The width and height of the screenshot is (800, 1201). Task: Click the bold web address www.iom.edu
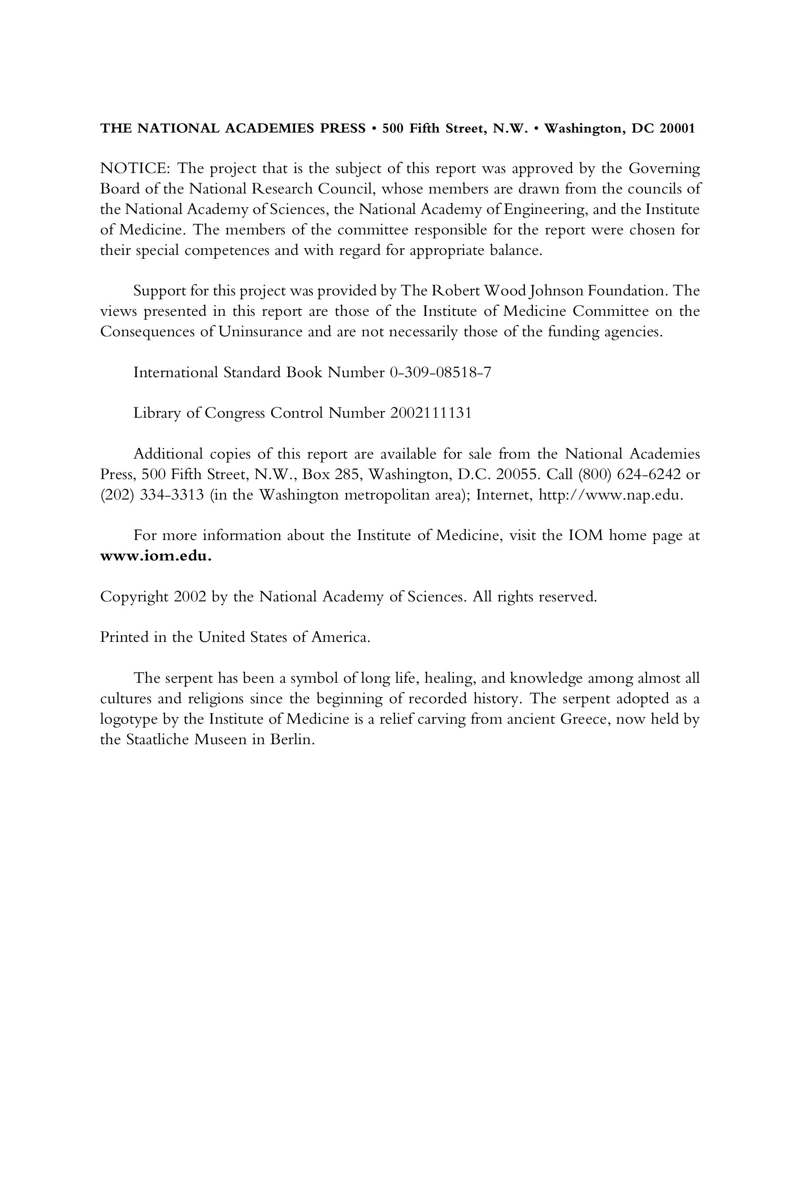[156, 556]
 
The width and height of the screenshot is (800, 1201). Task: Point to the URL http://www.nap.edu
[611, 496]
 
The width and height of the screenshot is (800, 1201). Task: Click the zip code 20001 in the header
[677, 128]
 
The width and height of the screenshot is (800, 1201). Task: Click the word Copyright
[134, 596]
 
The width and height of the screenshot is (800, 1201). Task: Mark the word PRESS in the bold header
[342, 128]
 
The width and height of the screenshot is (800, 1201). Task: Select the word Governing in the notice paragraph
[664, 169]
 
